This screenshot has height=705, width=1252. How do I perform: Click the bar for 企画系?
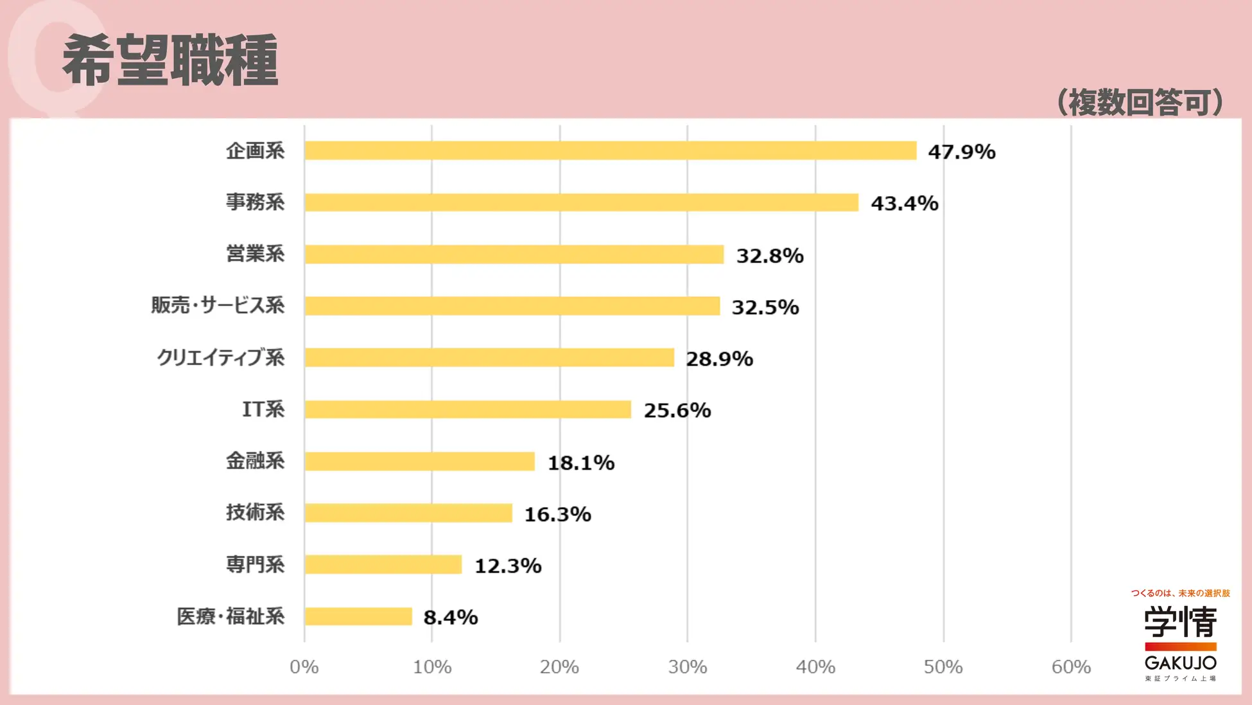click(x=610, y=150)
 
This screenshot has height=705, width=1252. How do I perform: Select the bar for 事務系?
click(x=581, y=202)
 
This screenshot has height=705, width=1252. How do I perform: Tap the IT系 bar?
click(x=467, y=409)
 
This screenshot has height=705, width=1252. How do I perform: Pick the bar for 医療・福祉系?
click(x=358, y=616)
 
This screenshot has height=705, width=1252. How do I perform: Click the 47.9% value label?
click(x=961, y=152)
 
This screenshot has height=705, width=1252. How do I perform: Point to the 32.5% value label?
click(x=765, y=307)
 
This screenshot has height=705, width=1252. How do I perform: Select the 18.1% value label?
click(x=580, y=463)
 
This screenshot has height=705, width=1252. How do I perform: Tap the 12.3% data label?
click(x=507, y=566)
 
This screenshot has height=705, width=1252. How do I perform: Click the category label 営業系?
click(x=255, y=254)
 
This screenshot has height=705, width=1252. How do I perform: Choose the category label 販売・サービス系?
click(x=218, y=305)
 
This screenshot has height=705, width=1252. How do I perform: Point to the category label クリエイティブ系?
click(x=220, y=357)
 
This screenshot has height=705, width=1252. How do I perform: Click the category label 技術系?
click(x=255, y=513)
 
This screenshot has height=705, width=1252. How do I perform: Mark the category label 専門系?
click(x=255, y=565)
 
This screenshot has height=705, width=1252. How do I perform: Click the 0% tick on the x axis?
click(x=304, y=667)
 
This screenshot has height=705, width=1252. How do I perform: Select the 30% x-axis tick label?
click(x=687, y=667)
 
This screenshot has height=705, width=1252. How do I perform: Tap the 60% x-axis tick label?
click(x=1070, y=667)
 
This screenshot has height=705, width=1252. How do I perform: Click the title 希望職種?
click(x=170, y=60)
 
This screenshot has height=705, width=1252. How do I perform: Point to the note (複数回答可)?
click(x=1140, y=102)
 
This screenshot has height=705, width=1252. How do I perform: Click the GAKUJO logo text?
click(x=1180, y=663)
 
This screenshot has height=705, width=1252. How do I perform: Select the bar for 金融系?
click(x=419, y=461)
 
